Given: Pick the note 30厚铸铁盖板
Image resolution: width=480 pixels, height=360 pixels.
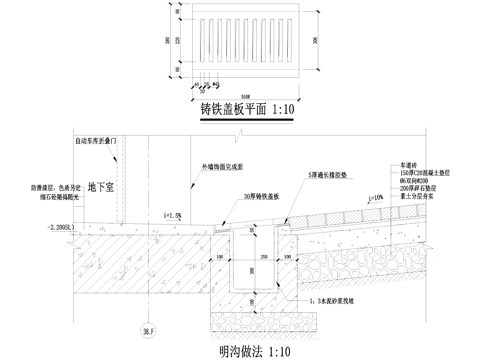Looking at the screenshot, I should tap(263, 170).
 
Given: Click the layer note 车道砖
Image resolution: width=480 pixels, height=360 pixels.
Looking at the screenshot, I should tap(409, 133).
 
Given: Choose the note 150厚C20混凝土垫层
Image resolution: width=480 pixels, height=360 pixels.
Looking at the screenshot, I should tap(424, 142).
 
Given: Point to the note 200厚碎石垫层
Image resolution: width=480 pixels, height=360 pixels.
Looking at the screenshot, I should tap(419, 159).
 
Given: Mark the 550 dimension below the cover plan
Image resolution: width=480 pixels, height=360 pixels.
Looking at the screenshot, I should tap(244, 85).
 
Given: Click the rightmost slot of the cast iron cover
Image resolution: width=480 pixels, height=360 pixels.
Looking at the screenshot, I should tap(286, 40).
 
